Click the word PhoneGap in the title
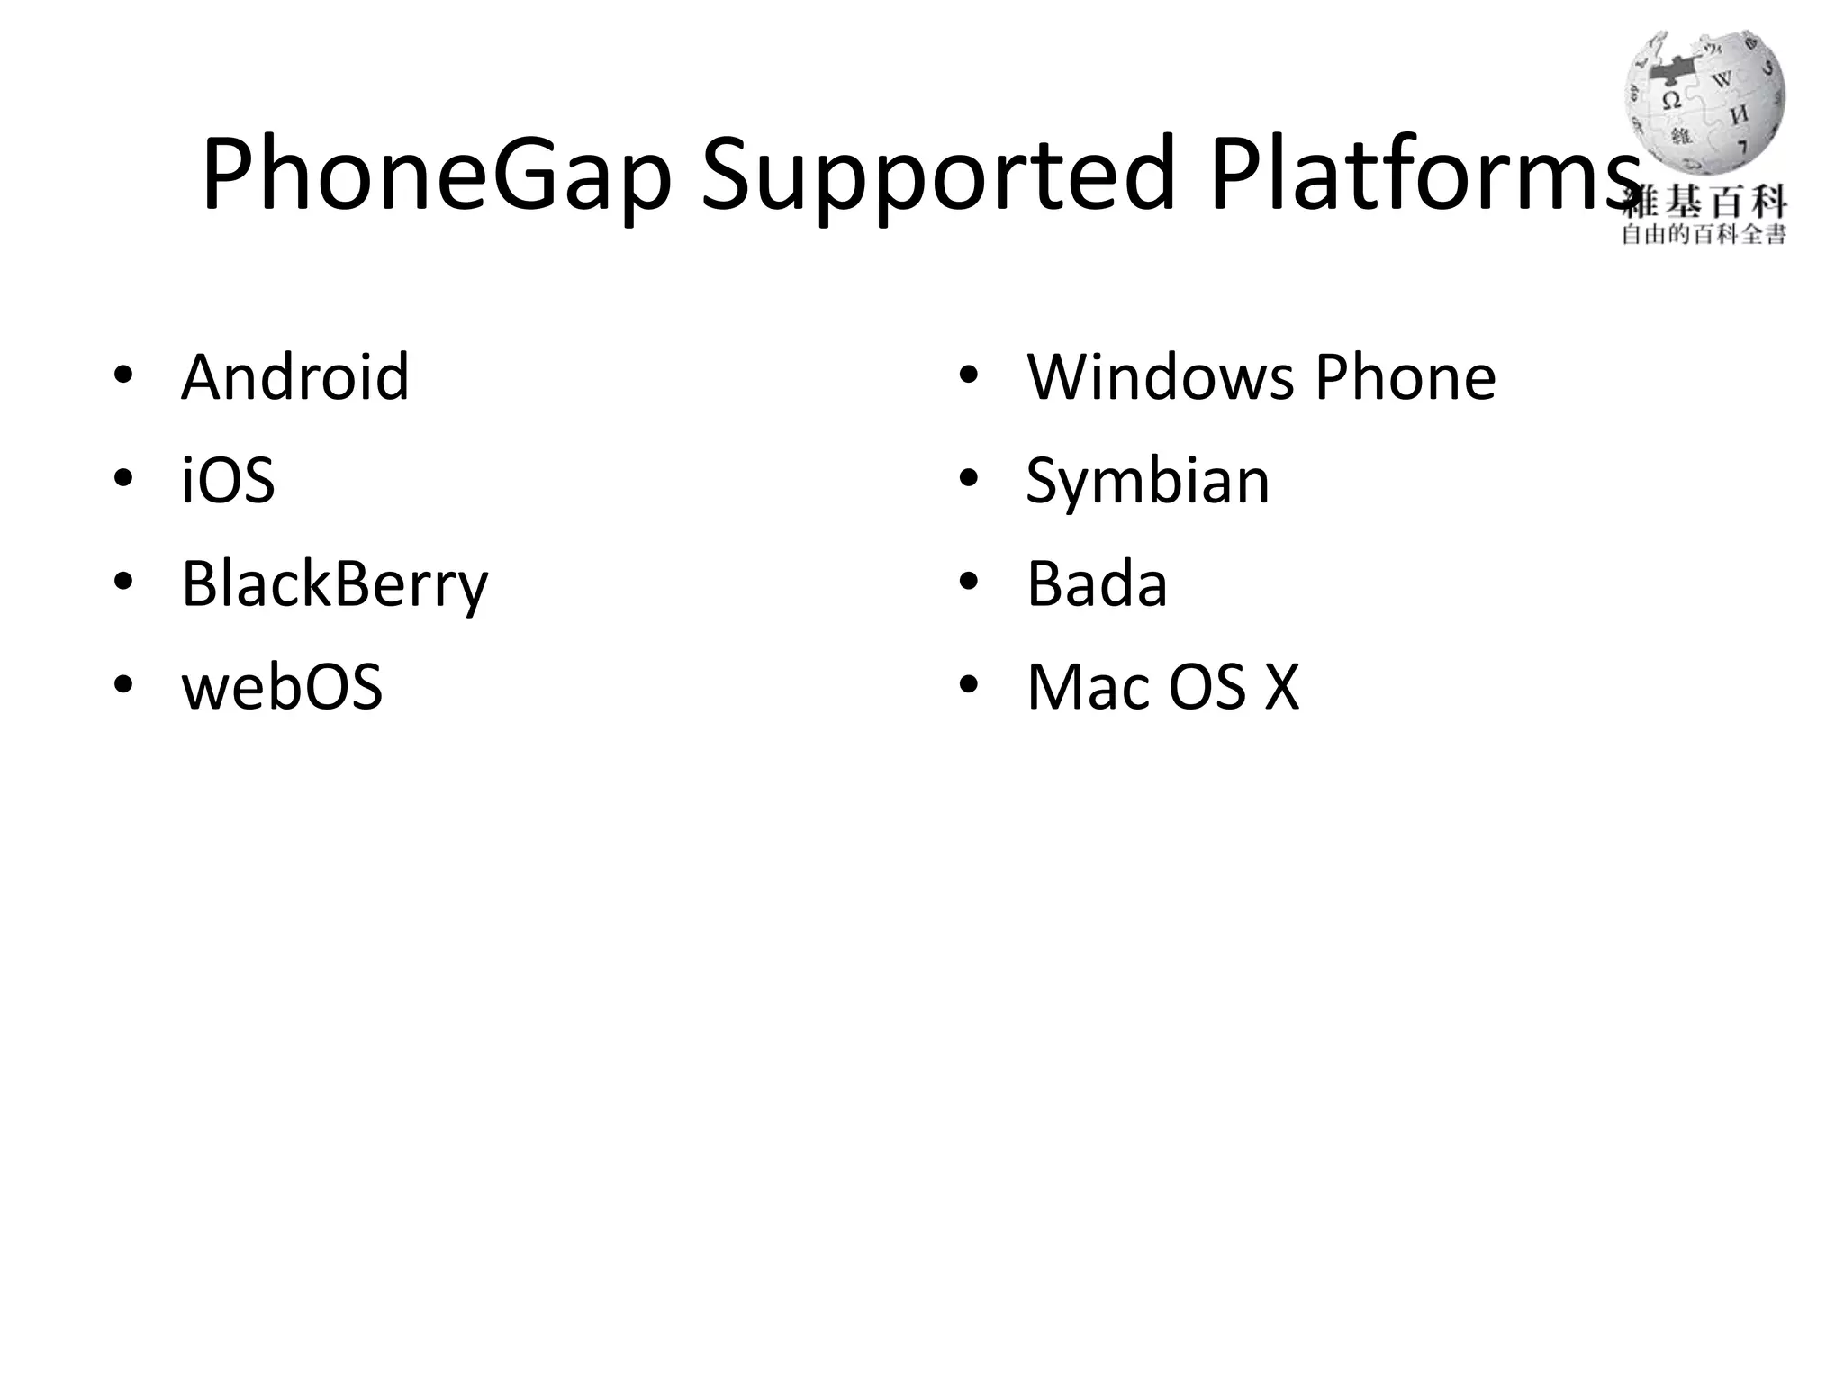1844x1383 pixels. [437, 176]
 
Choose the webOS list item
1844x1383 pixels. [282, 687]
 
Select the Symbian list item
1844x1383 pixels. [1148, 482]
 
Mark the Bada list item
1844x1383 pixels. [1097, 584]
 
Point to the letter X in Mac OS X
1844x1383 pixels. [1282, 688]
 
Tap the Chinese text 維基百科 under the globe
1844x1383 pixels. [1704, 203]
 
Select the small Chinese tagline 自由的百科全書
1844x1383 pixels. [1704, 236]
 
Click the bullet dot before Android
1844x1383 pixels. [123, 375]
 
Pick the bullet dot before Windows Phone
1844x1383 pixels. [968, 375]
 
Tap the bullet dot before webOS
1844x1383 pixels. [123, 685]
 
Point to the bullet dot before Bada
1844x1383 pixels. [968, 582]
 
